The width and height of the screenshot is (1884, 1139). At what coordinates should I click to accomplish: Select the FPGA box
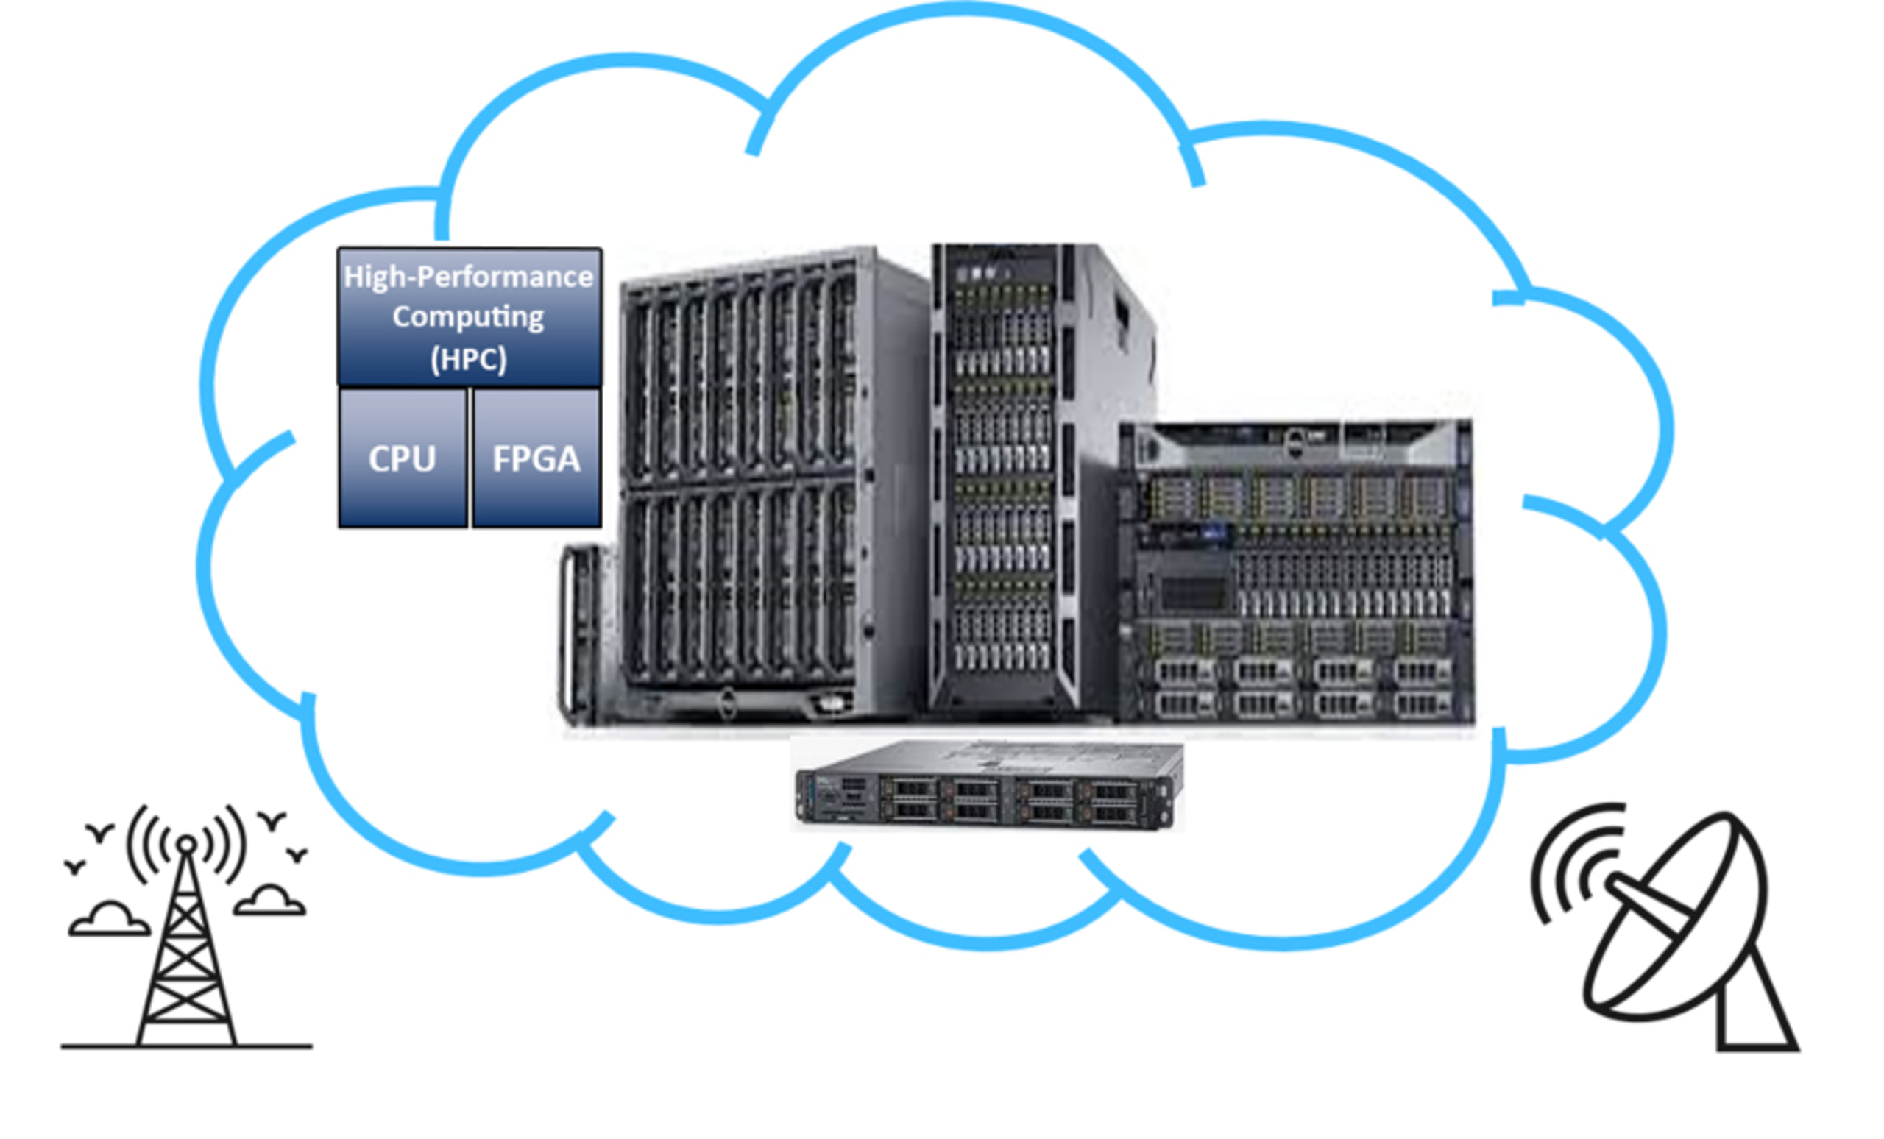tap(536, 458)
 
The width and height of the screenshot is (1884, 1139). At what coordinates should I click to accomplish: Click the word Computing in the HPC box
tap(468, 316)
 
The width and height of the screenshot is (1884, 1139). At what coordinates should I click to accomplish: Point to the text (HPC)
tap(468, 358)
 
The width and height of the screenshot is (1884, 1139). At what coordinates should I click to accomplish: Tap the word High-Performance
tap(468, 277)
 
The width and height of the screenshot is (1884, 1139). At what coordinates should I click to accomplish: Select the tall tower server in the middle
tap(1009, 474)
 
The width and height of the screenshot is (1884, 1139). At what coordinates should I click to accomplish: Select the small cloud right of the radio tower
tap(270, 901)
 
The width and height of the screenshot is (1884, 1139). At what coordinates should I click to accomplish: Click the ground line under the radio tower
tap(185, 1046)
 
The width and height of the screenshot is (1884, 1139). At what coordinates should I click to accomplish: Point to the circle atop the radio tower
tap(185, 845)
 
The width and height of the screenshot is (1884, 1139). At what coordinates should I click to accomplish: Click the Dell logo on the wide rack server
tap(1294, 444)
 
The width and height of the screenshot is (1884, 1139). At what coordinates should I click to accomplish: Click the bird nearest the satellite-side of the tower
tap(297, 854)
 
